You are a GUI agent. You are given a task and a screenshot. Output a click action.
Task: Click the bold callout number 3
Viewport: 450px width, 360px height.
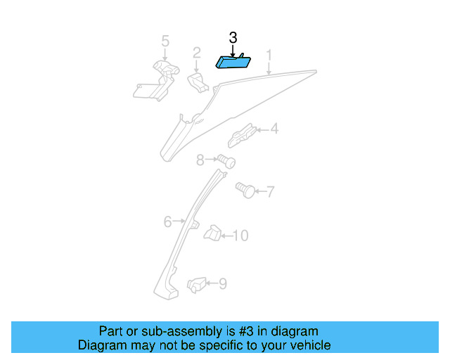coord(233,38)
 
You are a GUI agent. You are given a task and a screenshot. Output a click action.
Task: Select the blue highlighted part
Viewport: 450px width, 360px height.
coord(233,62)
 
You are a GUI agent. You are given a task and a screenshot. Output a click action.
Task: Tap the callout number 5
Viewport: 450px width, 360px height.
coord(165,41)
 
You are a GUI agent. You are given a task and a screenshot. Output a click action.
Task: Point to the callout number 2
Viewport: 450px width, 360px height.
coord(197,53)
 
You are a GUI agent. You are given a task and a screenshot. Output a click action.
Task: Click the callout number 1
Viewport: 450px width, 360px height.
coord(269,56)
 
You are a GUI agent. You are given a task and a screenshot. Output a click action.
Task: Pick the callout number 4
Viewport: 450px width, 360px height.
coord(275,129)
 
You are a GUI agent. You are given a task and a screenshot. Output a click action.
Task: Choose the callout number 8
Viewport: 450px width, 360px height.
coord(200,160)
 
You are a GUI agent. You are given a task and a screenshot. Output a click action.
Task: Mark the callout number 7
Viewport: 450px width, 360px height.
coord(271,191)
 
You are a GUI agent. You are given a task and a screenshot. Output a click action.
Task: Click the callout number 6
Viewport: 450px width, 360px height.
coord(168,222)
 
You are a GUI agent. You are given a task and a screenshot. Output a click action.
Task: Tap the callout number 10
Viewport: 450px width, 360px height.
coord(240,236)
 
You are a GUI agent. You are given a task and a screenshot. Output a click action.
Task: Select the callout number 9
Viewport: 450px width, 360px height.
coord(223,283)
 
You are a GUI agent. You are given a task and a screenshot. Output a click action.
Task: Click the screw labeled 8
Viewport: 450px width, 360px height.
coord(226,161)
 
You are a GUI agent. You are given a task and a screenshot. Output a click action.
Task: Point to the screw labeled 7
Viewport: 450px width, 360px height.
coord(245,190)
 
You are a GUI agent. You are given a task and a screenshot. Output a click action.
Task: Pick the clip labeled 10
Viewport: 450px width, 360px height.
coord(212,233)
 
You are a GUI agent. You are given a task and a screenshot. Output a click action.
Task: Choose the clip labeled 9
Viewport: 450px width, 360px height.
coord(197,285)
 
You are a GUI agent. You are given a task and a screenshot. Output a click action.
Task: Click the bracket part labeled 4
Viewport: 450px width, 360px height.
coord(242,135)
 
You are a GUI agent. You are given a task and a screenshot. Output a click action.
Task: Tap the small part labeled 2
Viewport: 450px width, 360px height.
coord(198,83)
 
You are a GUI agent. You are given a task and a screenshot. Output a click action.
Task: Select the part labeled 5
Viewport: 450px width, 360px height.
coord(156,81)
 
